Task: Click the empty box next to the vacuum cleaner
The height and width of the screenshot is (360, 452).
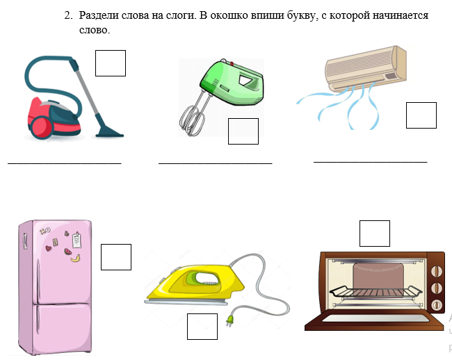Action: (111, 63)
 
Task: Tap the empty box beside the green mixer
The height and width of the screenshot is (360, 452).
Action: (243, 131)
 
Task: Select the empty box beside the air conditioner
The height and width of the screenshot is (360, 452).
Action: (421, 115)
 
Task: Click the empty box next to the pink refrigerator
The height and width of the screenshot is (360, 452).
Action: (116, 257)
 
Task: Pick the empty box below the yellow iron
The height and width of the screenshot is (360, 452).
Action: (202, 327)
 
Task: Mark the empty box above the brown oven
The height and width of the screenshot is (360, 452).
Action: (375, 234)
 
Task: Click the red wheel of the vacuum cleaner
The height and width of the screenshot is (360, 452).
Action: (42, 128)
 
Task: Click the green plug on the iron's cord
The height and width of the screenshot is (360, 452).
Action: (229, 320)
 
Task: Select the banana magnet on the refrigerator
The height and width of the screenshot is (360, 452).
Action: (75, 259)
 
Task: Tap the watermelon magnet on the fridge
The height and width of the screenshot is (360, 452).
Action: (67, 252)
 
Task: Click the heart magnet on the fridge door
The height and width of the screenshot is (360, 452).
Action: (49, 248)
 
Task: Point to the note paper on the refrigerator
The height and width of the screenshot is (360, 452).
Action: (76, 240)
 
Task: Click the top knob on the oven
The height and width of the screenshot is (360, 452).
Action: (437, 271)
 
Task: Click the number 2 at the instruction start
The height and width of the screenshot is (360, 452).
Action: (68, 15)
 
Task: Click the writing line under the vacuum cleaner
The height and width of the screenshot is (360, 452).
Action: (65, 163)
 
